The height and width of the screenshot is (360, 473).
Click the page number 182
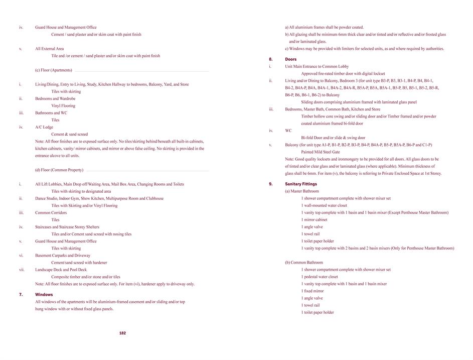[122, 333]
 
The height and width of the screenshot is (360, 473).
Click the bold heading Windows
[44, 295]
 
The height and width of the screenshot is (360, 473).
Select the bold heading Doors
[291, 59]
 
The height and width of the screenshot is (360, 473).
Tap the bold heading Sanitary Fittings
[301, 184]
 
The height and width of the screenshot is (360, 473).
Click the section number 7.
[21, 295]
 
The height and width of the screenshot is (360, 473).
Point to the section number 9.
[271, 184]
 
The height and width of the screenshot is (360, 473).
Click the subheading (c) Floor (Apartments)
[54, 70]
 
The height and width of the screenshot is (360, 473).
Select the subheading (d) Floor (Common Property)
[59, 170]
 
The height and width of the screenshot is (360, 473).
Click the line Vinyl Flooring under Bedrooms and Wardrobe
[63, 106]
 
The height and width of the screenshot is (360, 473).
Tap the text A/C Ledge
[44, 128]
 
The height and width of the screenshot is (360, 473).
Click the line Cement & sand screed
[69, 135]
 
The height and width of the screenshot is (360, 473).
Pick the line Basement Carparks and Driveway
[63, 256]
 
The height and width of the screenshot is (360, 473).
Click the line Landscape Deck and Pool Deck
[61, 270]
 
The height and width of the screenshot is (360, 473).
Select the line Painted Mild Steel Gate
[321, 152]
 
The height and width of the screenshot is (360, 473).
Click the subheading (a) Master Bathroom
[302, 191]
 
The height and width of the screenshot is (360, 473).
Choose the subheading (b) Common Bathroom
[304, 263]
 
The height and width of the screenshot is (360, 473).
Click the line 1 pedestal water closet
[320, 277]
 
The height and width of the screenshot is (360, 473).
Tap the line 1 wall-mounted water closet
[324, 205]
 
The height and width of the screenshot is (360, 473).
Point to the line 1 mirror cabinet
[314, 220]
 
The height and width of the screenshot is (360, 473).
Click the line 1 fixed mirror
[312, 291]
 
